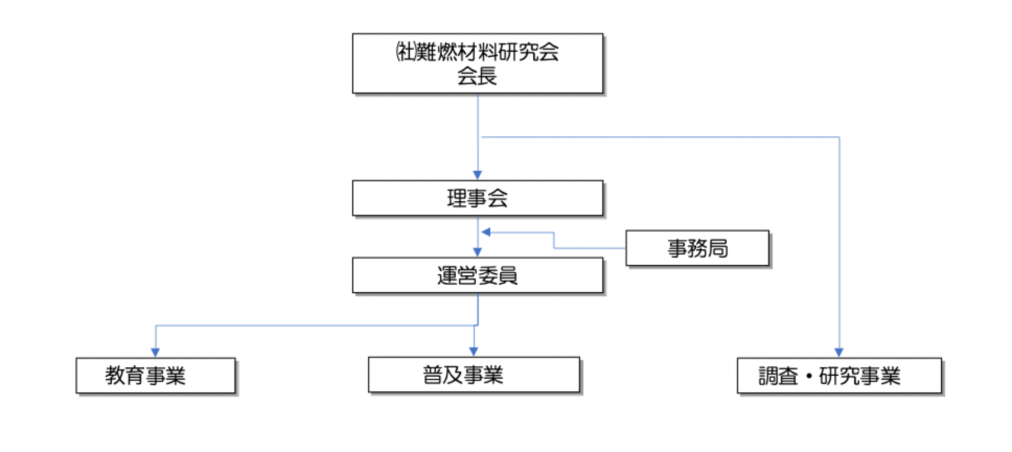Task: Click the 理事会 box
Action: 477,198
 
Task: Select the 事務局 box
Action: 697,248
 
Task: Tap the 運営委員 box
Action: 477,275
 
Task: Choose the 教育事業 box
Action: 155,375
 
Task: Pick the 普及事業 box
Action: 474,375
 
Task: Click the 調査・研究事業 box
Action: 839,375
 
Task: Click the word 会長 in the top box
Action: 477,76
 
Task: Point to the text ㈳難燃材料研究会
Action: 477,52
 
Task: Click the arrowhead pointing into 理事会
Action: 477,175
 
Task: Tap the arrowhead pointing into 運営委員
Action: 477,252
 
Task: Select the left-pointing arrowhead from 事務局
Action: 486,232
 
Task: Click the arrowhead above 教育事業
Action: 155,353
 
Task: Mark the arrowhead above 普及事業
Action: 474,352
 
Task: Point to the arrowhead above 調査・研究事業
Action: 839,353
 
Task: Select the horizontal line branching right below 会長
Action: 659,137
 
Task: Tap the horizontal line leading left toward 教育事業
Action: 314,326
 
